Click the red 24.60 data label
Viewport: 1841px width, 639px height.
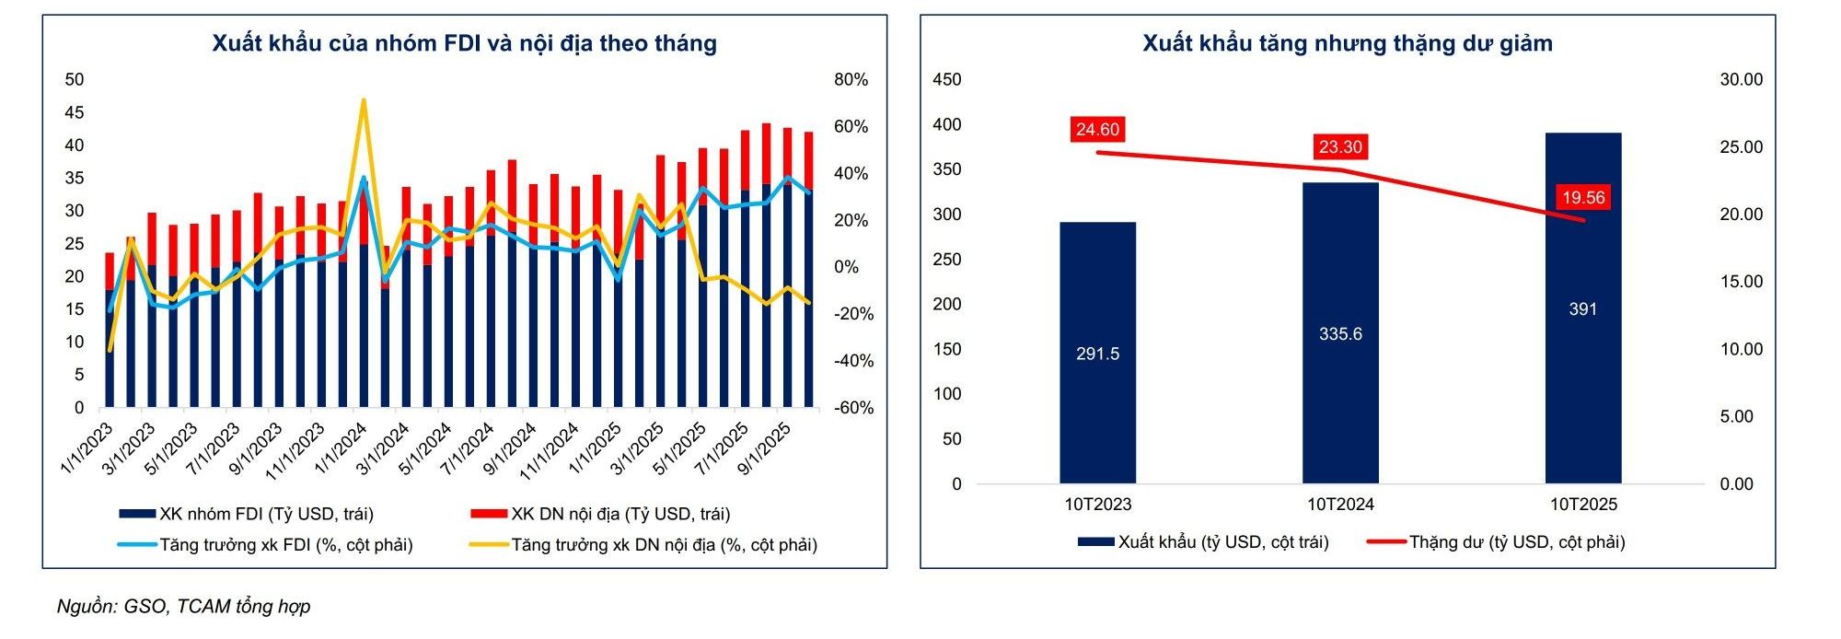(1097, 130)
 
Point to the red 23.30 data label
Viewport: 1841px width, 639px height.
(1339, 147)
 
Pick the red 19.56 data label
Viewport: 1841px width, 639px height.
(1582, 198)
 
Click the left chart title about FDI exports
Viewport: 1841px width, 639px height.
(464, 43)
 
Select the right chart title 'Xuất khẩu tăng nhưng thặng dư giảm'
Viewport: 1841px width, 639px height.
(1347, 43)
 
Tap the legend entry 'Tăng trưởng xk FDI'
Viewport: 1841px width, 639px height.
(266, 545)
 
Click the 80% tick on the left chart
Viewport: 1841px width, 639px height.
(851, 80)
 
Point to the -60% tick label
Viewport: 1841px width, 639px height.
(852, 408)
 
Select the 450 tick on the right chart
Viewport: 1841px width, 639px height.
(946, 80)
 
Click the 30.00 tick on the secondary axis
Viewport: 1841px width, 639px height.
(1741, 80)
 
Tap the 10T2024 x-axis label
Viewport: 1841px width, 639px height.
(1339, 505)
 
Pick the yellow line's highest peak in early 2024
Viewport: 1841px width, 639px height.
(364, 100)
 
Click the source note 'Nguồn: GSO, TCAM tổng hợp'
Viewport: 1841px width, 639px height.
(184, 606)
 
